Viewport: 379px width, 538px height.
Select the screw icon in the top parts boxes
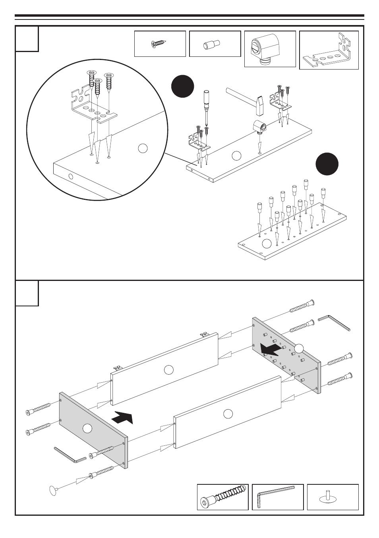pos(160,44)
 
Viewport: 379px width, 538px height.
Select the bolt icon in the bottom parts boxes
pos(222,497)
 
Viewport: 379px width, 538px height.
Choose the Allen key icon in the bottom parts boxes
pos(277,496)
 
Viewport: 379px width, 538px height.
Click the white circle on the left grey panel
pos(87,428)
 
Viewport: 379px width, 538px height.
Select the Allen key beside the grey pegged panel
pos(334,322)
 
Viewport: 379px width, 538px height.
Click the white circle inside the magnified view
pos(143,148)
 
